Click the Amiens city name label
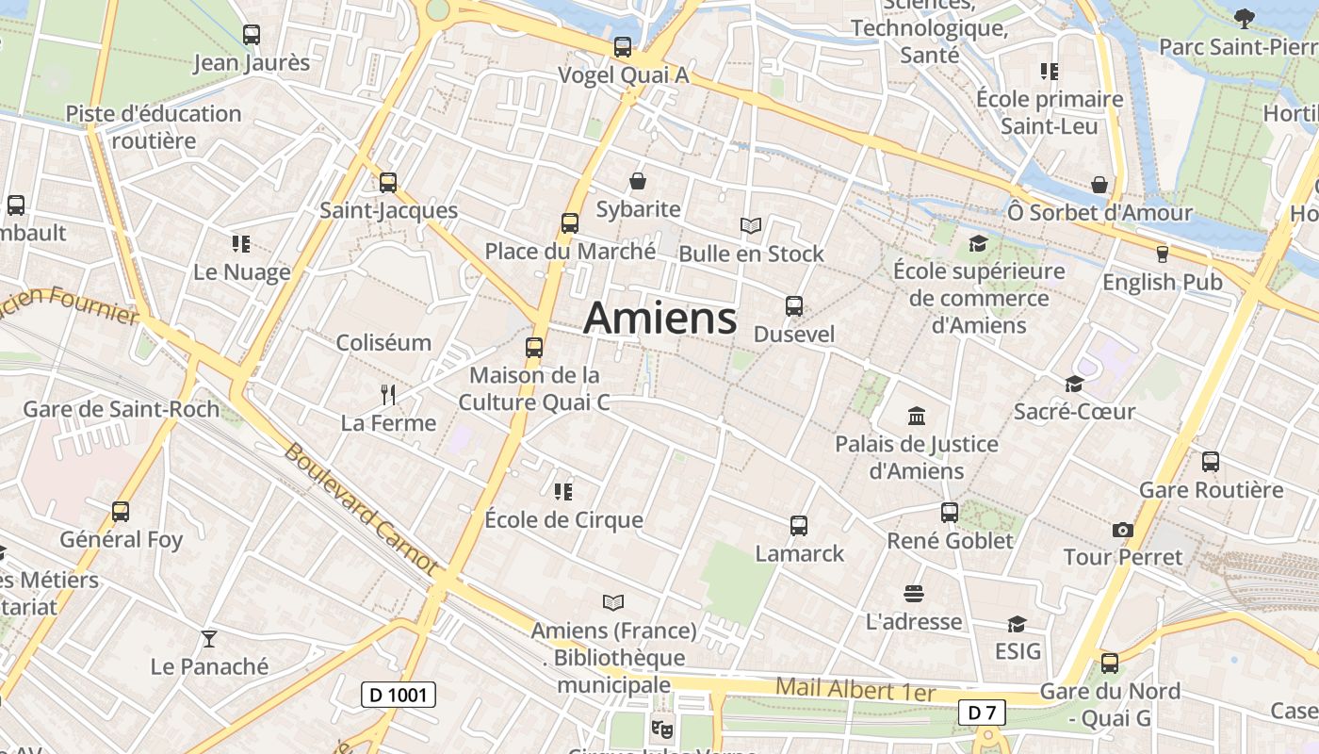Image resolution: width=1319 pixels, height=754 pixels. (659, 319)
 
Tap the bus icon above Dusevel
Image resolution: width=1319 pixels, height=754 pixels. (794, 306)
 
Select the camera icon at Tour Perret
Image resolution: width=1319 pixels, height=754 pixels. (1122, 530)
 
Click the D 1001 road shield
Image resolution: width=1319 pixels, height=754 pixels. (399, 696)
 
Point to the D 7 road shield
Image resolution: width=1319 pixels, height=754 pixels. (982, 713)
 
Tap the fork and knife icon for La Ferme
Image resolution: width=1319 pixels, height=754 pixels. (387, 394)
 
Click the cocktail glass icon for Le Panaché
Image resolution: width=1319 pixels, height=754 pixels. (209, 639)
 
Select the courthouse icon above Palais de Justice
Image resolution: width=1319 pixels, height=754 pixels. (916, 416)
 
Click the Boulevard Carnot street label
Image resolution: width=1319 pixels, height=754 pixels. (361, 509)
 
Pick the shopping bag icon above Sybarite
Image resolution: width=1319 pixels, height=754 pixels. (638, 181)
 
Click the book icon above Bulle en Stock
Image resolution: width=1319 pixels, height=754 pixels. (750, 225)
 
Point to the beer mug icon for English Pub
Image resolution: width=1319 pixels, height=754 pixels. (1162, 254)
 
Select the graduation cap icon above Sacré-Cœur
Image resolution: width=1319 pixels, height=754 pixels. (1074, 384)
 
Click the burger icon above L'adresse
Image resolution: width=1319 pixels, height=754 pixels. (913, 594)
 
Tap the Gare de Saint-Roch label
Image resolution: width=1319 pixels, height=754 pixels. (121, 409)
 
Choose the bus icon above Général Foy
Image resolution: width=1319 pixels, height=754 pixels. (121, 512)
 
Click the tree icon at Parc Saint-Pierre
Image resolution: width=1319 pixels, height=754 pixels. (1244, 18)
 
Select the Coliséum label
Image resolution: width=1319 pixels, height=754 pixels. (384, 342)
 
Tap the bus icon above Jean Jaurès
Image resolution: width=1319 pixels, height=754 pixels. (252, 35)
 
